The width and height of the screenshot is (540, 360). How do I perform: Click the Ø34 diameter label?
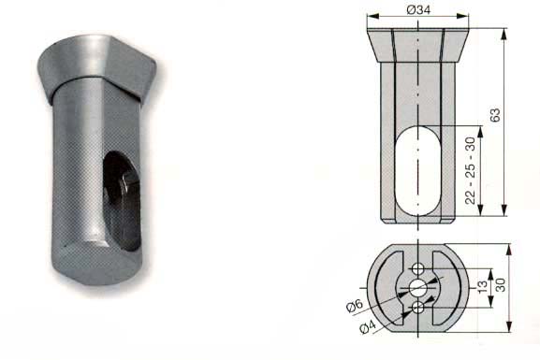tap(418, 10)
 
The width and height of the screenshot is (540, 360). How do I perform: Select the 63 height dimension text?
tap(495, 115)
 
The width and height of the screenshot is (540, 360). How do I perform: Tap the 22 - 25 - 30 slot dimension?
tap(470, 170)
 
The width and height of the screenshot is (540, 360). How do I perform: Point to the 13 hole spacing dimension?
tap(483, 285)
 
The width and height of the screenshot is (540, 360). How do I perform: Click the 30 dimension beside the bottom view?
tap(500, 285)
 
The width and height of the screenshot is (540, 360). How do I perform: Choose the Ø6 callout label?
tap(355, 306)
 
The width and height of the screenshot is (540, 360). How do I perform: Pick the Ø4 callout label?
tap(368, 326)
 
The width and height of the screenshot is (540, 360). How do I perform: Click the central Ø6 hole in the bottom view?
tap(418, 288)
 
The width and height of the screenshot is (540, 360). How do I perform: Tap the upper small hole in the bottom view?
tap(418, 268)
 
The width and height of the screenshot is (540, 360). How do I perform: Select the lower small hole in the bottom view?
tap(418, 308)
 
